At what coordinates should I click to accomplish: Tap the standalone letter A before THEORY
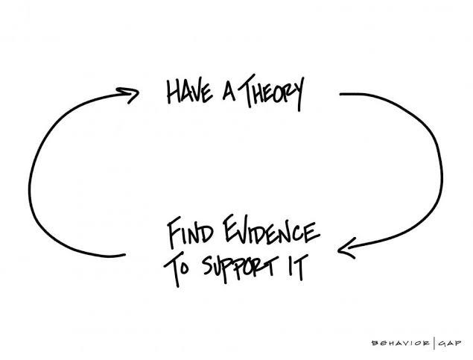(229, 91)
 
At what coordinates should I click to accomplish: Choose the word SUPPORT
(239, 268)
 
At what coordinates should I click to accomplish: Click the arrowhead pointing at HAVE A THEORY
(129, 94)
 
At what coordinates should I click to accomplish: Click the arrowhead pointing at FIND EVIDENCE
(346, 249)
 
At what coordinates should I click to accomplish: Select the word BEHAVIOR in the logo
(401, 343)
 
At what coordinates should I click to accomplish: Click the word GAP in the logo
(450, 343)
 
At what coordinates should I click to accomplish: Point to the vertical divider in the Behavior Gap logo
(434, 343)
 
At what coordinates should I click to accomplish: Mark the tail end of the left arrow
(124, 255)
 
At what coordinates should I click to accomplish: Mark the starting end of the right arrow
(340, 94)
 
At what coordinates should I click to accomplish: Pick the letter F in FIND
(175, 233)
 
